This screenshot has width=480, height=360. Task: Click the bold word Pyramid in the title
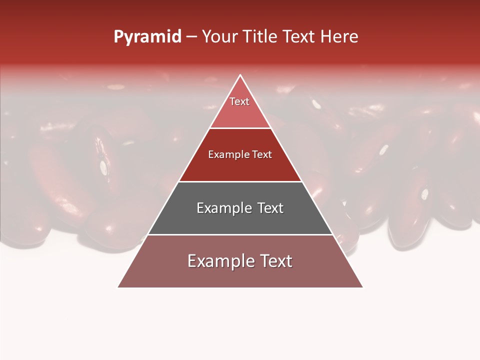point(147,37)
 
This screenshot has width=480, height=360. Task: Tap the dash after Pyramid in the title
point(191,37)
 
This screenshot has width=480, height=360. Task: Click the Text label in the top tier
point(239,101)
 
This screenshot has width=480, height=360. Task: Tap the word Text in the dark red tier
point(262,154)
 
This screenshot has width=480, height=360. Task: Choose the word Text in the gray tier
point(270,208)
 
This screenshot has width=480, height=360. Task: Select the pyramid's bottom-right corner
point(362,287)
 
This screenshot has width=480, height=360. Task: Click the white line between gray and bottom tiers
point(240,234)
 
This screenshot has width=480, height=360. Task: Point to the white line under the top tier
point(240,128)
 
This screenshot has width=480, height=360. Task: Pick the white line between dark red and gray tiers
point(240,181)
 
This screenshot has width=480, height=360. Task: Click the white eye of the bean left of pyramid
point(103,167)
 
